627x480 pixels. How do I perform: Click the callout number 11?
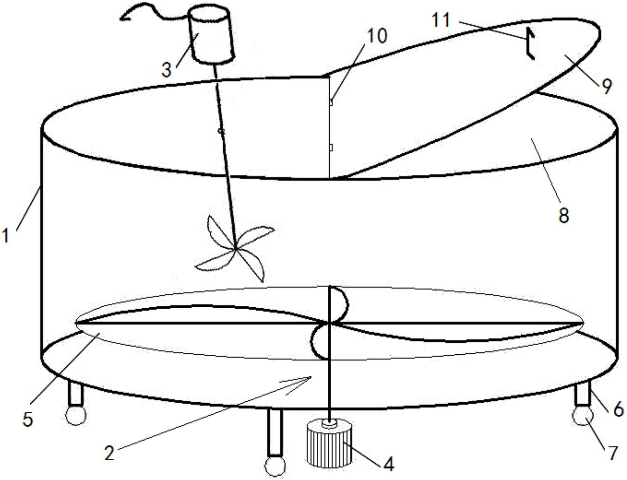[441, 20]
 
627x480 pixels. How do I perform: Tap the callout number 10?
[377, 35]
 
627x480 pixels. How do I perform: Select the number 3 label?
[166, 70]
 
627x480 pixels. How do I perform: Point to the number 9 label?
[607, 86]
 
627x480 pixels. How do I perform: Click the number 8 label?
[563, 216]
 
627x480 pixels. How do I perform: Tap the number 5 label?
[28, 419]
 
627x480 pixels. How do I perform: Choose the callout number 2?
[109, 453]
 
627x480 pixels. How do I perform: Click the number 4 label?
[389, 464]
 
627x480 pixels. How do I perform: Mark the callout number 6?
[618, 409]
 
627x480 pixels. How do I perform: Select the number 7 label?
[612, 453]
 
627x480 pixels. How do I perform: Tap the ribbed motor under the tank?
[329, 443]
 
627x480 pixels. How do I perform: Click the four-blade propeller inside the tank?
[235, 248]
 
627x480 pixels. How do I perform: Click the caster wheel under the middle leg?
[275, 466]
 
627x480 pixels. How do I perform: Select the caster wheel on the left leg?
[76, 415]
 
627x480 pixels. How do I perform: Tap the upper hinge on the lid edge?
[331, 102]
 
